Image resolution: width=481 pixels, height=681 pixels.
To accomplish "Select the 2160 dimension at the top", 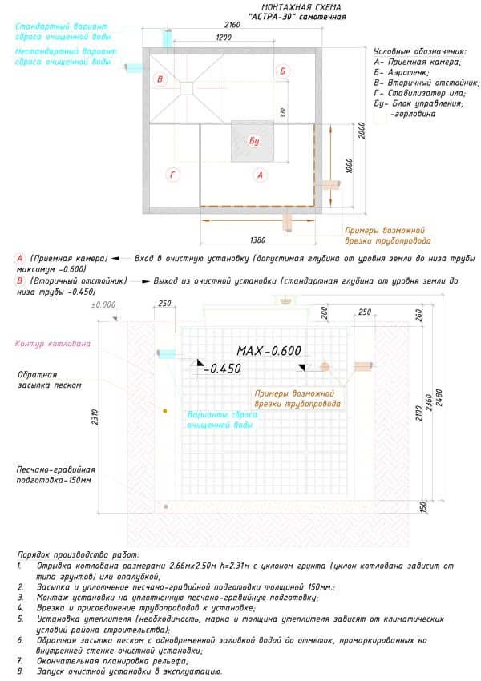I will tap(232, 26).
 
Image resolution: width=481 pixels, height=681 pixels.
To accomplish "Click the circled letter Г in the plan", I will tap(172, 174).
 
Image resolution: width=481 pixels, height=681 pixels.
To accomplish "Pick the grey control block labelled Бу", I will tap(254, 142).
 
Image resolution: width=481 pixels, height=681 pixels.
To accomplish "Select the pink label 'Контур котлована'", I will tap(53, 344).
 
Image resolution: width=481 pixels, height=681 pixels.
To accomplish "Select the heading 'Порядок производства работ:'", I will tap(77, 554).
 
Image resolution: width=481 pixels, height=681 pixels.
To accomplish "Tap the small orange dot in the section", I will tap(165, 411).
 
